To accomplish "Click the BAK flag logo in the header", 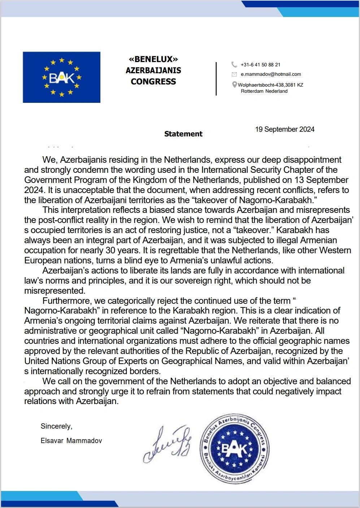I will click(61, 77).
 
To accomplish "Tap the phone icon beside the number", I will click(234, 65).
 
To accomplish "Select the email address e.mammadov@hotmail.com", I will click(271, 74).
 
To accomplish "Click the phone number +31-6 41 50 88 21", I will click(260, 65).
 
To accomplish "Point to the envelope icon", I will click(234, 74).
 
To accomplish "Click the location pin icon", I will click(234, 85).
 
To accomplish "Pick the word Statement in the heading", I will click(183, 134).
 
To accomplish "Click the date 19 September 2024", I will click(285, 129).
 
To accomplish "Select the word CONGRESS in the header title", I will click(153, 82).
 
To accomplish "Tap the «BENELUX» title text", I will click(153, 59).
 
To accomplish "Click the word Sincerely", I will click(56, 426).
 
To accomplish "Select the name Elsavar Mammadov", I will click(71, 441).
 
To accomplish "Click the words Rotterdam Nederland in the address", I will click(264, 91).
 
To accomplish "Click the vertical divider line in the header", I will click(216, 79).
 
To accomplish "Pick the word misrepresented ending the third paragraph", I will click(55, 291).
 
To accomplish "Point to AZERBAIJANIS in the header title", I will click(153, 70).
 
